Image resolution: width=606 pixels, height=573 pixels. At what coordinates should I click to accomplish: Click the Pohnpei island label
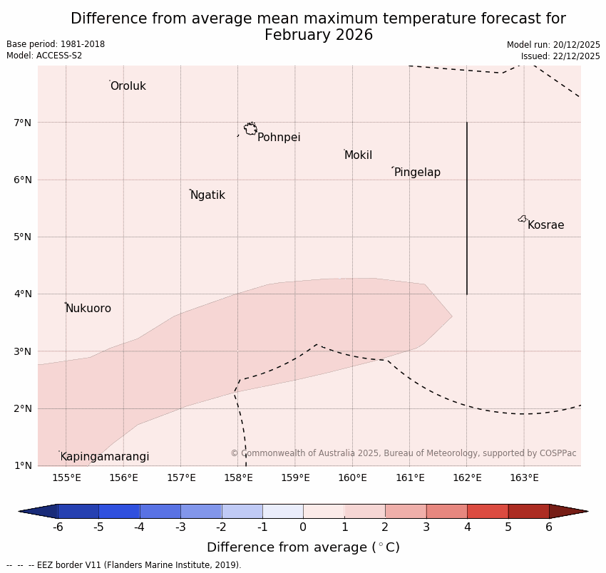pyautogui.click(x=279, y=138)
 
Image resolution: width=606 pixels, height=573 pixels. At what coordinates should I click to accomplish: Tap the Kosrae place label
pyautogui.click(x=545, y=225)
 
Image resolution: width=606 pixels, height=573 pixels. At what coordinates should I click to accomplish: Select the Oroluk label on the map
pyautogui.click(x=128, y=86)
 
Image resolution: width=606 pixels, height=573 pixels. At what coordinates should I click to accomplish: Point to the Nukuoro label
pyautogui.click(x=88, y=309)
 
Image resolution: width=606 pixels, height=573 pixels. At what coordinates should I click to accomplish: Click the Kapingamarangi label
pyautogui.click(x=105, y=457)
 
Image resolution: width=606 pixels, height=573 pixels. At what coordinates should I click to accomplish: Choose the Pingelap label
pyautogui.click(x=417, y=172)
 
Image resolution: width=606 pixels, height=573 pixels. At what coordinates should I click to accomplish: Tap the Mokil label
pyautogui.click(x=358, y=155)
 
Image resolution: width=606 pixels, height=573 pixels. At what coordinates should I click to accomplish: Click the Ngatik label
pyautogui.click(x=207, y=195)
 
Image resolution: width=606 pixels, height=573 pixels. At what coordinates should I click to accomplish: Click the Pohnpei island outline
pyautogui.click(x=250, y=129)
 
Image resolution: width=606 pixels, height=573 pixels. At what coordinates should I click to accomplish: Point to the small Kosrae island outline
pyautogui.click(x=523, y=219)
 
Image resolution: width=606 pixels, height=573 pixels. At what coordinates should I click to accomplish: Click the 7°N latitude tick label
pyautogui.click(x=23, y=123)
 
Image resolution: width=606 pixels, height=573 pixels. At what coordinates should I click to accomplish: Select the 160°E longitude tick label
pyautogui.click(x=352, y=477)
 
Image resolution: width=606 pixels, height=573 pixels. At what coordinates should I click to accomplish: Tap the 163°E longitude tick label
pyautogui.click(x=524, y=477)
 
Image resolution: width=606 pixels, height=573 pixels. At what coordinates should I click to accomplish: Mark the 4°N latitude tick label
pyautogui.click(x=23, y=294)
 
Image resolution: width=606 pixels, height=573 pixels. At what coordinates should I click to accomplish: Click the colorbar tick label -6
pyautogui.click(x=58, y=527)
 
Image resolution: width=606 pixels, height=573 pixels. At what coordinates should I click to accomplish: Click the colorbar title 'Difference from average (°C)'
pyautogui.click(x=303, y=547)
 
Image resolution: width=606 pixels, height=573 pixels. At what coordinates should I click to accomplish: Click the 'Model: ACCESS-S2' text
pyautogui.click(x=44, y=56)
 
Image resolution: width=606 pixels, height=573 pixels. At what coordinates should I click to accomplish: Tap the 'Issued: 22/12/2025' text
pyautogui.click(x=560, y=56)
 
